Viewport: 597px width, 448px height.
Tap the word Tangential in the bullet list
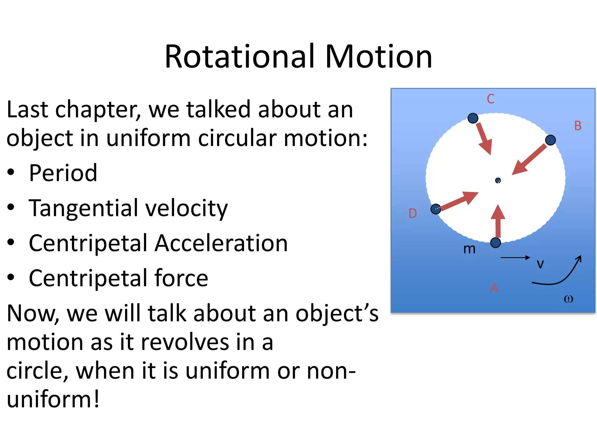tap(83, 208)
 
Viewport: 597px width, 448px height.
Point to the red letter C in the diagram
tap(491, 99)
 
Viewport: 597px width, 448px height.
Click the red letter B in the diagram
tap(578, 126)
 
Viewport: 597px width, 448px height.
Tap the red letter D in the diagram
tap(412, 213)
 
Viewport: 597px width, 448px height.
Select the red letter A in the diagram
tap(494, 288)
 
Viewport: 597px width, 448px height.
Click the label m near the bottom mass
tap(469, 249)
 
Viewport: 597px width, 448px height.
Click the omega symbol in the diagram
tap(568, 299)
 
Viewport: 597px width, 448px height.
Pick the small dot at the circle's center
tap(498, 181)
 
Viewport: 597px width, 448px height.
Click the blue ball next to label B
tap(550, 140)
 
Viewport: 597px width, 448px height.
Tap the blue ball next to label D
tap(436, 209)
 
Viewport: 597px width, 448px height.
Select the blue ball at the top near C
tap(473, 118)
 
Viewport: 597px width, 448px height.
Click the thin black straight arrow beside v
tap(515, 258)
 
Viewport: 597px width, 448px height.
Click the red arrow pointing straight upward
tap(498, 221)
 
